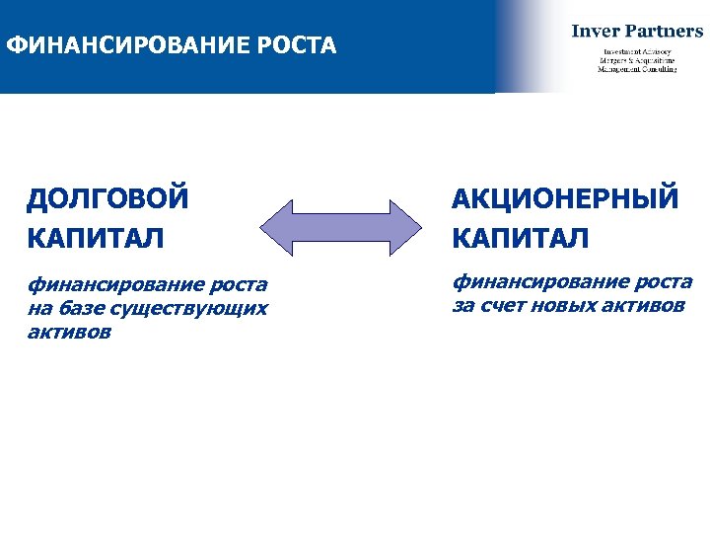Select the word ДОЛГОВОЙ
(x=107, y=198)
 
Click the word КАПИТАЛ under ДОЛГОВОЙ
(x=96, y=238)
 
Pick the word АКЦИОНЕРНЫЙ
(x=566, y=198)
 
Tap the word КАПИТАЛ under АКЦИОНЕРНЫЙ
(x=521, y=238)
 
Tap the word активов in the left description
(x=69, y=333)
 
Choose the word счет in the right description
(x=504, y=305)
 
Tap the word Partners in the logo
(x=665, y=31)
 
